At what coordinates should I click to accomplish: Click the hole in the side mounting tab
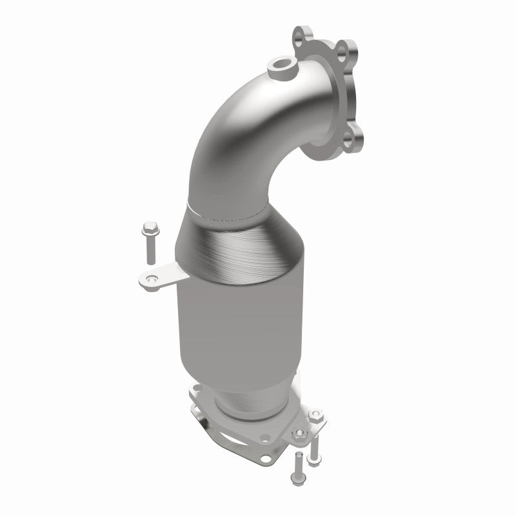[151, 279]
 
